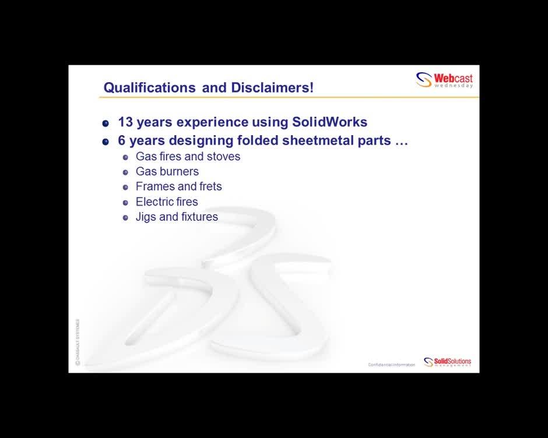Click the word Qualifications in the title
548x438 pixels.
(149, 88)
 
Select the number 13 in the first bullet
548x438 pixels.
(125, 122)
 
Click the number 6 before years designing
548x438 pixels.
(122, 141)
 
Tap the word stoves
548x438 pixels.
(223, 157)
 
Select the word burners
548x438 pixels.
(182, 172)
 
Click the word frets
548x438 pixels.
(210, 187)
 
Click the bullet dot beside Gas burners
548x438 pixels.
(125, 172)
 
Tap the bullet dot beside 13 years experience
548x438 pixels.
(106, 123)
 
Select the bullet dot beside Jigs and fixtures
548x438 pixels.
(125, 218)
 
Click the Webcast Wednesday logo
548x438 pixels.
(444, 80)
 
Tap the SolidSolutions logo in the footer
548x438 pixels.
(447, 362)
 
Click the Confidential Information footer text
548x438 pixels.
(391, 365)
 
